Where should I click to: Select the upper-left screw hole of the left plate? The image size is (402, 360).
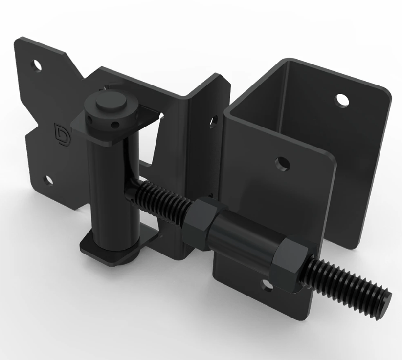tap(36, 64)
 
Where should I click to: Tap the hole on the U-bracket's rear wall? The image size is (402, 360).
tap(342, 100)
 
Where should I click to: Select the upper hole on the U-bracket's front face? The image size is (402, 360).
tap(282, 164)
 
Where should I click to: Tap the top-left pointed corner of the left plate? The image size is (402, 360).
tap(17, 39)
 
